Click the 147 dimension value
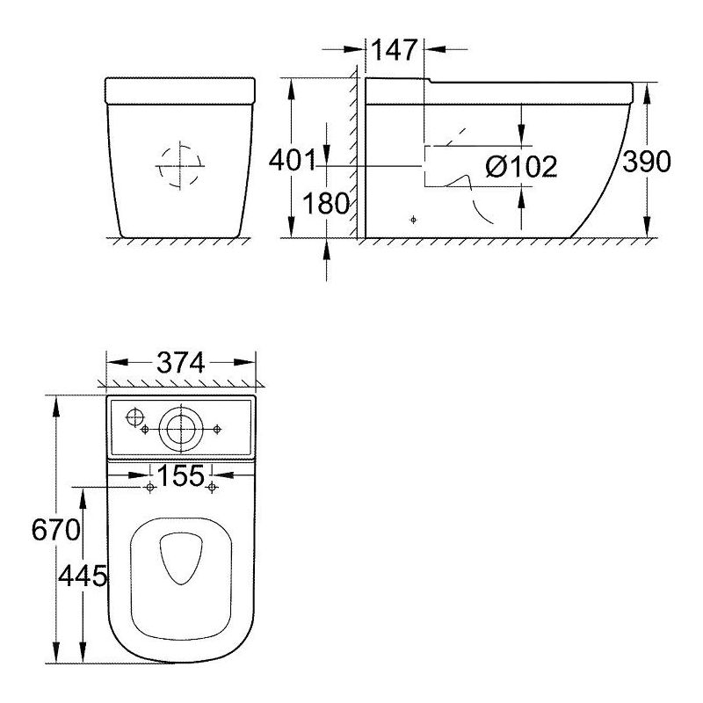[395, 50]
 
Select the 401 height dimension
[293, 160]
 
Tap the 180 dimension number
[326, 203]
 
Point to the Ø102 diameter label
[521, 166]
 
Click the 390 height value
[647, 162]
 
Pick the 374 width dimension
[181, 362]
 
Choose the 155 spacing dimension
[181, 475]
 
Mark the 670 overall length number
[56, 530]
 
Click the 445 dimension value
[83, 576]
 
